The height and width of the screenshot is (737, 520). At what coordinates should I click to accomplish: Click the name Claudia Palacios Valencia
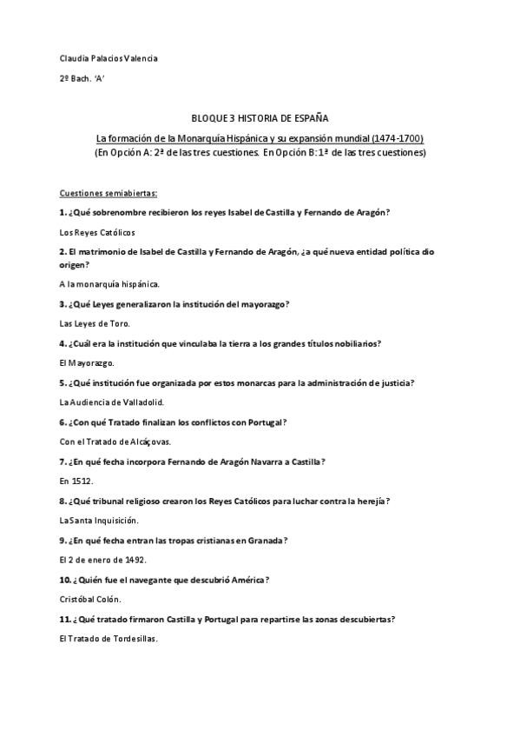(109, 58)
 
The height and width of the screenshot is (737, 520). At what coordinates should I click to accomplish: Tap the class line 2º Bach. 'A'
(82, 78)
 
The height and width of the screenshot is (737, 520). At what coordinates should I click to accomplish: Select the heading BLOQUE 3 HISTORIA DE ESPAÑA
(260, 118)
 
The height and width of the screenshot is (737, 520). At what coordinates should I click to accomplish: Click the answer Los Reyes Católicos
(96, 232)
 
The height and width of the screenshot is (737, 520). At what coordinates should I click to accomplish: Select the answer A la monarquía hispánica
(109, 283)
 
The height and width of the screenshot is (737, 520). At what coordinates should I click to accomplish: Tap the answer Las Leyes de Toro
(94, 322)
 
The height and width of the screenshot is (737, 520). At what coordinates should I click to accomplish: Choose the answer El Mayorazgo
(86, 362)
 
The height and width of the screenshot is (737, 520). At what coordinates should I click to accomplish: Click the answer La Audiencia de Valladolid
(111, 402)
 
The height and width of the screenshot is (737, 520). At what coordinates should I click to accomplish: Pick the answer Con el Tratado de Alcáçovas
(115, 442)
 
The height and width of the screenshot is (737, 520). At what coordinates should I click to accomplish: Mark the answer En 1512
(76, 480)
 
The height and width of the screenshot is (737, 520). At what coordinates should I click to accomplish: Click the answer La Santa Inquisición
(98, 520)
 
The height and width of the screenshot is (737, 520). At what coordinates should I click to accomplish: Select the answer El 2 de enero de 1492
(102, 559)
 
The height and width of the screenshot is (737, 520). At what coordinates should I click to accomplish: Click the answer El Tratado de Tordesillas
(109, 638)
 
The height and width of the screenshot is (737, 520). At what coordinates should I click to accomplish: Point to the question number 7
(63, 461)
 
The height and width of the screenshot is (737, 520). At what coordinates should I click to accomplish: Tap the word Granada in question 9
(263, 540)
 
